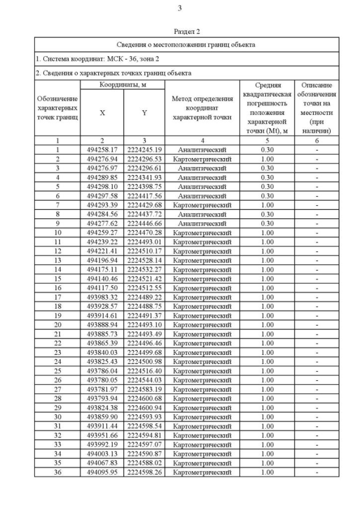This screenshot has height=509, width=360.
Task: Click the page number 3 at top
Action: pos(179,8)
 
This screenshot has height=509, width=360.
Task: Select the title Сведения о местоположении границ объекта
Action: pos(186,44)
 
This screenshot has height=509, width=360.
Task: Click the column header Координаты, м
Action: pos(123,84)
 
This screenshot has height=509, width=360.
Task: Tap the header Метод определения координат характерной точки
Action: pos(201,108)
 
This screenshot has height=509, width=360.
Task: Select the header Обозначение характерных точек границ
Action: pos(57,107)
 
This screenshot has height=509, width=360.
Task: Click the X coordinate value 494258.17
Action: pos(102,150)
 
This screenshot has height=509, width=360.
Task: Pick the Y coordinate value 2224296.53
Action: pos(144,159)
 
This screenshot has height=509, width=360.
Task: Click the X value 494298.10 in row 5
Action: pos(102,187)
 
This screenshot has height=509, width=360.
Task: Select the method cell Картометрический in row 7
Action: pos(201,205)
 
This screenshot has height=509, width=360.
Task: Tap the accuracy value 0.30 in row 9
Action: pos(267,223)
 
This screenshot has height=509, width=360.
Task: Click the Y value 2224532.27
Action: pos(144,269)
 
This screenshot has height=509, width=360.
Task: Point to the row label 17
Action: pos(57,297)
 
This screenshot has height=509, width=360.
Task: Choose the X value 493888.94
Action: pos(102,325)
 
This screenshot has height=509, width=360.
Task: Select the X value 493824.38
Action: pos(102,408)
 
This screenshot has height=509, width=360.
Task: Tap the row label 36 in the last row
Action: pos(57,472)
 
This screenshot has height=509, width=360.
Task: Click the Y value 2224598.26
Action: pos(144,472)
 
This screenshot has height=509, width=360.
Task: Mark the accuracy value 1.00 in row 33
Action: pos(267,444)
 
